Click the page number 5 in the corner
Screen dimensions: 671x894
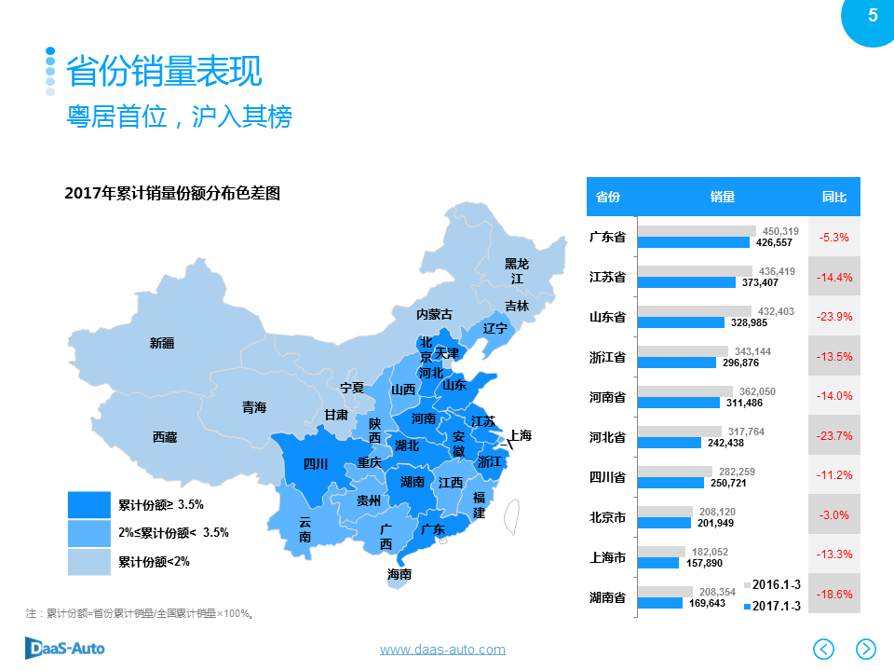point(873,15)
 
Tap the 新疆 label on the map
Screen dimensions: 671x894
point(162,343)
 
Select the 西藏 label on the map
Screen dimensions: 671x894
point(166,436)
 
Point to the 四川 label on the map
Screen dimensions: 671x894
point(316,464)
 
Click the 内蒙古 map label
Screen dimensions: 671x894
point(434,314)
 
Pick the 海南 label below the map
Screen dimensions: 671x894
point(400,574)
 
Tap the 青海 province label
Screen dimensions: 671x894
point(254,407)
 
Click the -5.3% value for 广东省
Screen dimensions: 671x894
point(833,238)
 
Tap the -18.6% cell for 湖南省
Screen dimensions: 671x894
point(833,595)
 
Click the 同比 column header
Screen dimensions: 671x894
point(833,197)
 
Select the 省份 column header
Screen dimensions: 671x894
point(607,197)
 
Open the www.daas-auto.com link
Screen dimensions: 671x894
point(442,650)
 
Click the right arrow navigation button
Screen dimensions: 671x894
point(866,648)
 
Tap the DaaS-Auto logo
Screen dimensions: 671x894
point(64,648)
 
